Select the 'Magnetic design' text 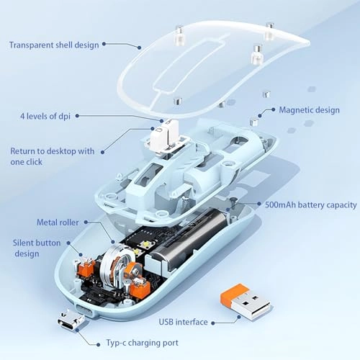(309, 111)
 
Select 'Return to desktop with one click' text (51, 156)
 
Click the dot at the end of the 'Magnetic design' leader (262, 111)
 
